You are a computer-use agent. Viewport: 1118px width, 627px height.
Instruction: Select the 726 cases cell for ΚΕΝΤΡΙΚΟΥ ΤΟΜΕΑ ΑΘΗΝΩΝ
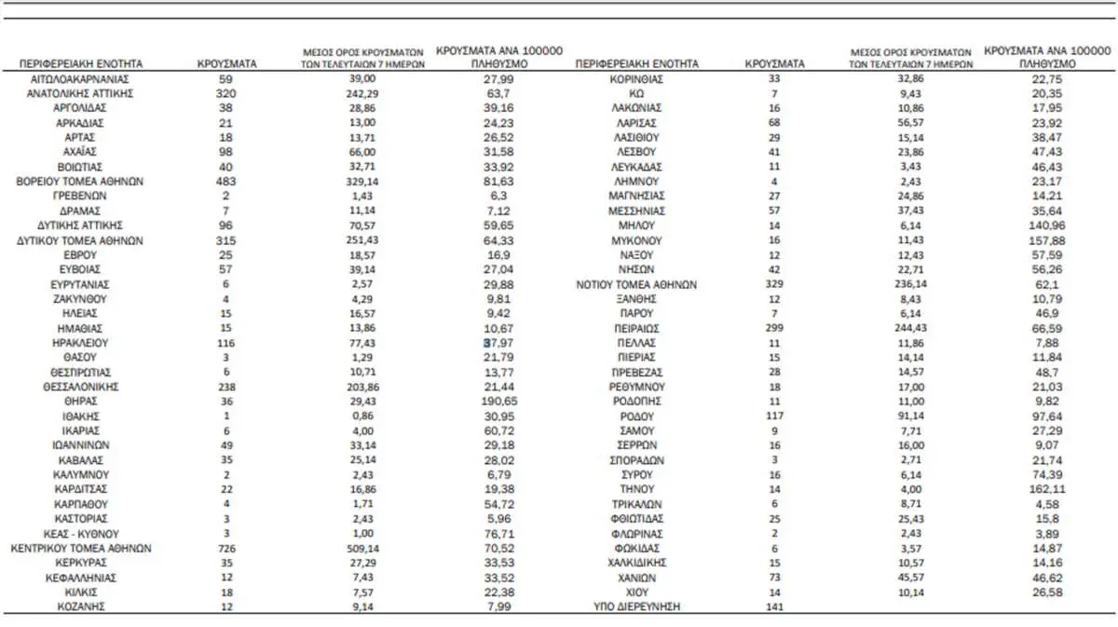click(x=226, y=548)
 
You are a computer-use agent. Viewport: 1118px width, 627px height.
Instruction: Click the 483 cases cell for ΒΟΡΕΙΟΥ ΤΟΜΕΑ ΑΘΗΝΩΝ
click(x=226, y=181)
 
